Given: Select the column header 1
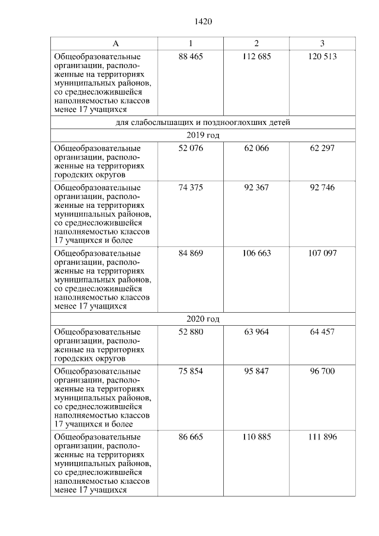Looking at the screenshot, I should point(190,44).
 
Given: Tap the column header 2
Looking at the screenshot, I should point(256,44).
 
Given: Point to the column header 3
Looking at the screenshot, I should point(322,44).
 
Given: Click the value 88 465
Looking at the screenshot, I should point(190,57).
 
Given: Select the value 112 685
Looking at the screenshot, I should point(256,57).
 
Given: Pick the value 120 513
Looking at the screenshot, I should point(322,57).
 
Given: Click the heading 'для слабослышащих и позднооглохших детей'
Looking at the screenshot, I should point(203,123).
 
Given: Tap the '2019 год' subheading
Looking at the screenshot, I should point(203,135).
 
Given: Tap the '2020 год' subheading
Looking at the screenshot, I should point(203,319).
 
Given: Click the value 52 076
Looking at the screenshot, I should point(190,148).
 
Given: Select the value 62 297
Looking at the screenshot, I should point(322,148).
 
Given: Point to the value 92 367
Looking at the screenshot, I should point(256,187).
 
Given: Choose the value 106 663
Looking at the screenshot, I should point(256,253).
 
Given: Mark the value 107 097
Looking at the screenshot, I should point(322,253).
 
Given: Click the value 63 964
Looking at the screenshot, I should point(256,332).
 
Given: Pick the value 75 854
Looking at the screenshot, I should point(190,371).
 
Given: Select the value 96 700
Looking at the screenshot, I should point(322,371).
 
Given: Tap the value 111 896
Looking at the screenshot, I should point(322,437).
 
